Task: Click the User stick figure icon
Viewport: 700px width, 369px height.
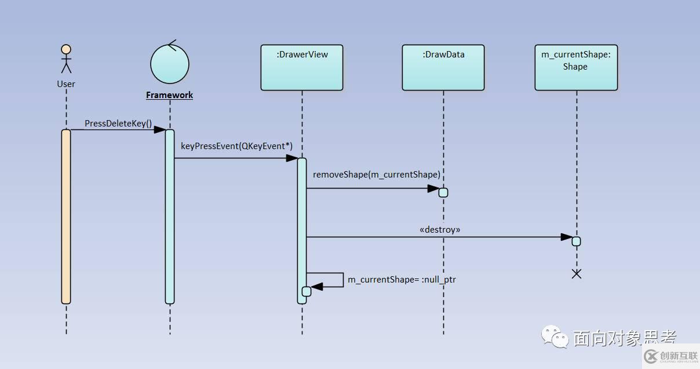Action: click(x=66, y=59)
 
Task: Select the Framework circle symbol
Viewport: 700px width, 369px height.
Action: click(x=170, y=63)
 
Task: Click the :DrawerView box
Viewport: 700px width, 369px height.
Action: click(x=302, y=67)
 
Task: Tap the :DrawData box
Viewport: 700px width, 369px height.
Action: click(x=443, y=67)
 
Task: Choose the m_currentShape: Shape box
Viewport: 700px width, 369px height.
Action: click(x=576, y=67)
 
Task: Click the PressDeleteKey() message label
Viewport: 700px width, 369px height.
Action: click(x=118, y=124)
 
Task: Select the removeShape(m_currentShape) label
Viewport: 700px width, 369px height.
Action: click(x=377, y=175)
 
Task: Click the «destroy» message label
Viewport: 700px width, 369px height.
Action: click(x=440, y=230)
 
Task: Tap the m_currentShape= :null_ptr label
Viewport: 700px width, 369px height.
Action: click(x=402, y=280)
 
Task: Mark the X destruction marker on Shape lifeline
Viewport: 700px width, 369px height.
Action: click(x=577, y=274)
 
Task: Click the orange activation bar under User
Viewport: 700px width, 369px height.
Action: click(x=66, y=216)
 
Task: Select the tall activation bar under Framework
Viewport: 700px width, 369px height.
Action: click(x=170, y=216)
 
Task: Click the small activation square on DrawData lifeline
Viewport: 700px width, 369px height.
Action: click(x=443, y=193)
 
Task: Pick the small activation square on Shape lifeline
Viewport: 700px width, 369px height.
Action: click(x=576, y=241)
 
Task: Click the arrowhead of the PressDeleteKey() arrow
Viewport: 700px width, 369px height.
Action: click(x=160, y=130)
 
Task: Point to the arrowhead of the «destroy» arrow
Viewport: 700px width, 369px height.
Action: click(x=567, y=237)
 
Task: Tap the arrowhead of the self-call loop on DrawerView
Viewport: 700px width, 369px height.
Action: click(x=315, y=287)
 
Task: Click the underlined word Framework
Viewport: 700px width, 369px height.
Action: click(x=169, y=95)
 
